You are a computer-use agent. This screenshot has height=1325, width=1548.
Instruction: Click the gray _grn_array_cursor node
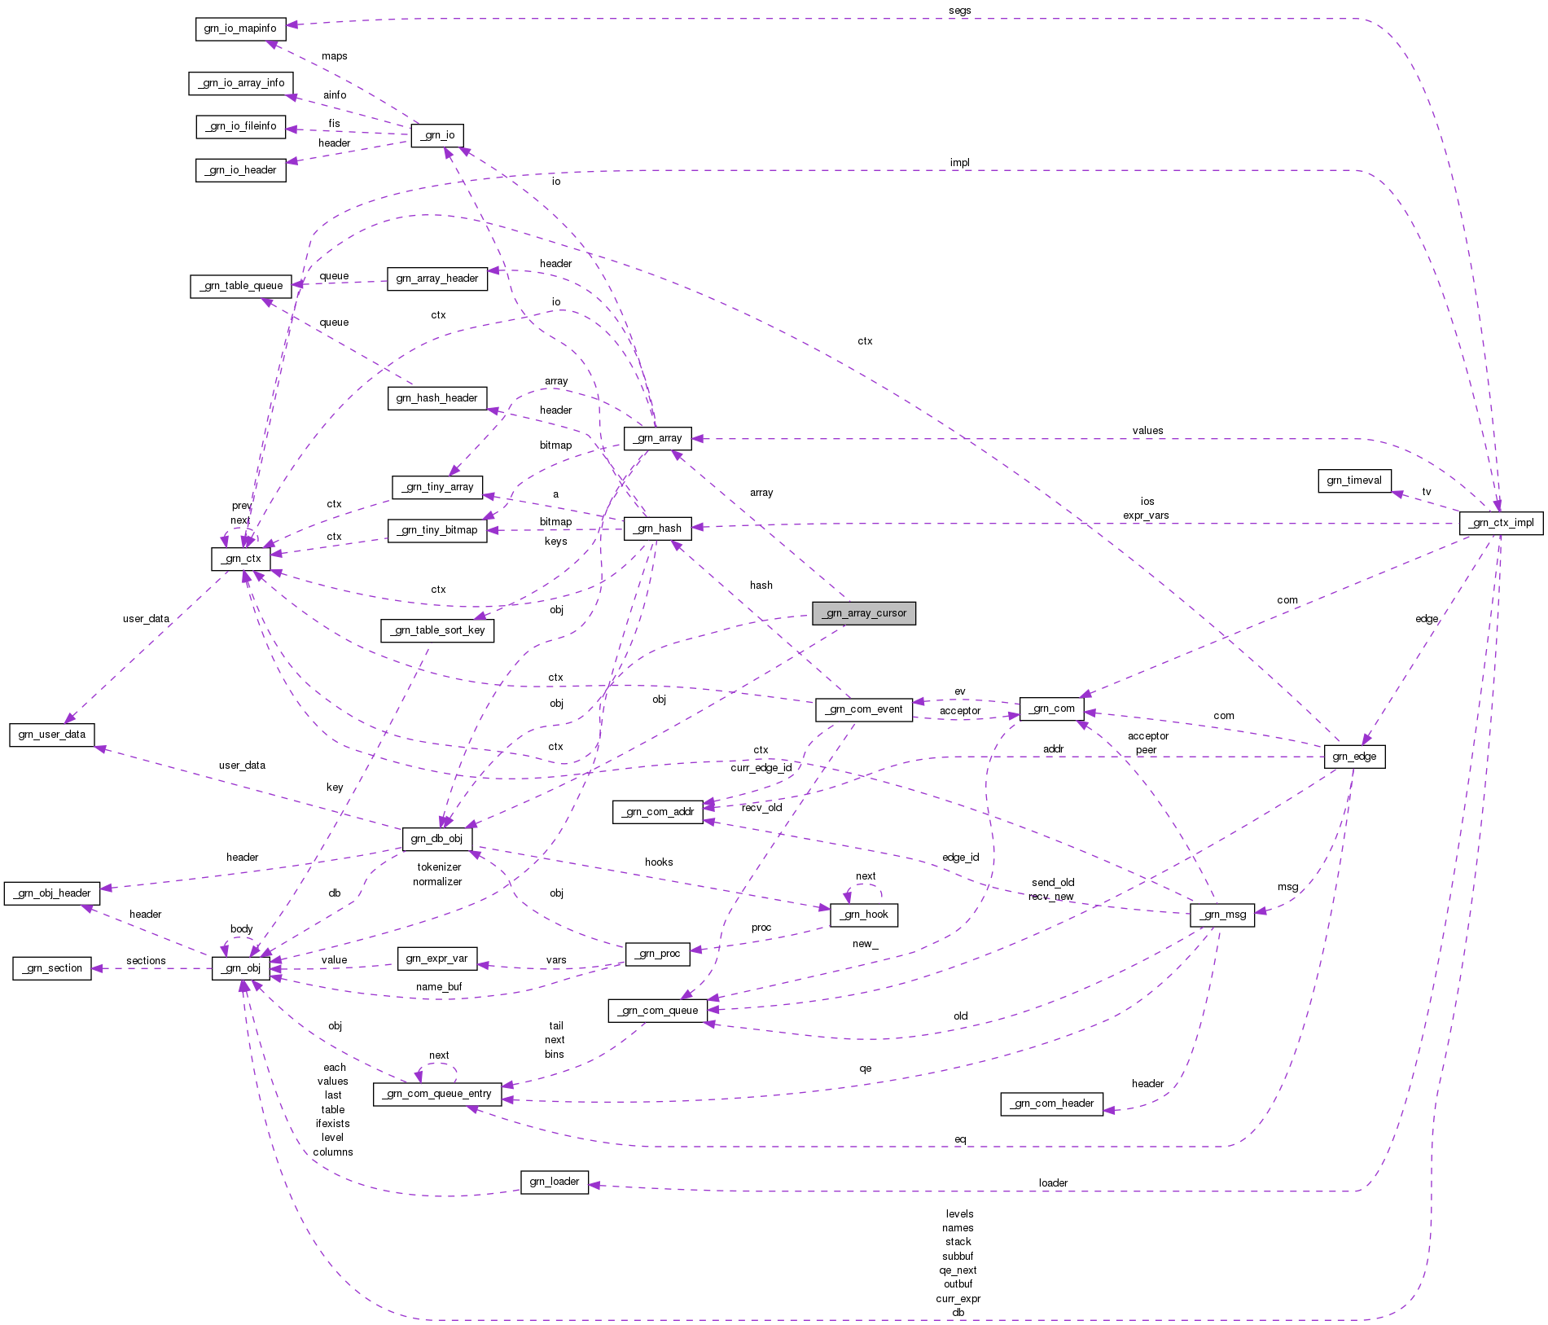(863, 613)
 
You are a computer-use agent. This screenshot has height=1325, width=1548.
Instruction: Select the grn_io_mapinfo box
(240, 29)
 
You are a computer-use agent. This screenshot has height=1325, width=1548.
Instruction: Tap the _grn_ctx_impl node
(1501, 523)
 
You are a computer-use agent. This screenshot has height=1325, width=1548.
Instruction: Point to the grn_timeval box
(1353, 480)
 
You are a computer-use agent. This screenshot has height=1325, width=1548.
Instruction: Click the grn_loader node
(554, 1182)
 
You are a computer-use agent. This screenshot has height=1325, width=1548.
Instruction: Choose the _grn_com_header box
(1051, 1103)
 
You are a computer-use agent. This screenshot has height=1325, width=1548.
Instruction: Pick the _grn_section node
(52, 968)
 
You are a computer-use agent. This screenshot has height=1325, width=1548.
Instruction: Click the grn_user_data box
(51, 735)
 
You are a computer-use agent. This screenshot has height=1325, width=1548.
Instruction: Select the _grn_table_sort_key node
(437, 630)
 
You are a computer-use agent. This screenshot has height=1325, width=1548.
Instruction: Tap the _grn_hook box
(864, 915)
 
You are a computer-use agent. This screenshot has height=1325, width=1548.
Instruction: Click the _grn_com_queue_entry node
(437, 1094)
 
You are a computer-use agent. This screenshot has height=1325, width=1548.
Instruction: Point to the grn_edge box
(1353, 757)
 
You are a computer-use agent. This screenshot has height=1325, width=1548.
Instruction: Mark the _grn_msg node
(1221, 915)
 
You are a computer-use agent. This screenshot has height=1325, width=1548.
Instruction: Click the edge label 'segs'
(959, 11)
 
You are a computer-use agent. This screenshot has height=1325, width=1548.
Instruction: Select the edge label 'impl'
(959, 163)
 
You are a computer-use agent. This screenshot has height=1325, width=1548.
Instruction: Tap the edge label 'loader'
(1052, 1182)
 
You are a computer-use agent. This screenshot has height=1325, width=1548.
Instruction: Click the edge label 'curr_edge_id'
(761, 768)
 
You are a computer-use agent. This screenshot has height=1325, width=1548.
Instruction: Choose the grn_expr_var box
(436, 959)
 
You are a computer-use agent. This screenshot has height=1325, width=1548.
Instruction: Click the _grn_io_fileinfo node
(241, 126)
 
